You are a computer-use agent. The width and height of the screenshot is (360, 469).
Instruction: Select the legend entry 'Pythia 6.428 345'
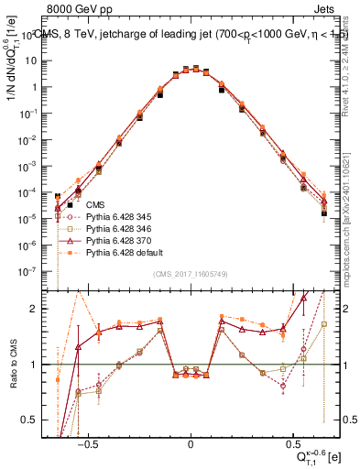119,217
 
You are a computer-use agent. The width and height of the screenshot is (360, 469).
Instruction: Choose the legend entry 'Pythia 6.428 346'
119,229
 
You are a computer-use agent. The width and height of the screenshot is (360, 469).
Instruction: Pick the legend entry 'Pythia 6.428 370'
119,241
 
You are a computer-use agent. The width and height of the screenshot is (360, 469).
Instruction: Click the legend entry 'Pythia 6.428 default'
124,253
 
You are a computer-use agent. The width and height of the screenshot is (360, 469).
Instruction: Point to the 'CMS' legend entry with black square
95,205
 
